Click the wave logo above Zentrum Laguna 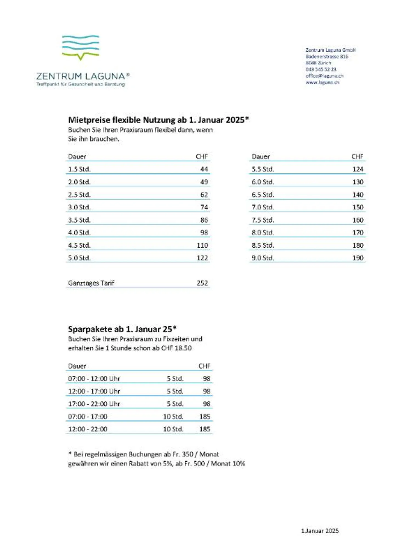click(x=80, y=47)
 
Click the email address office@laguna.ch click(x=324, y=76)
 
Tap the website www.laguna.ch click(x=322, y=82)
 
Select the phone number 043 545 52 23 click(x=321, y=69)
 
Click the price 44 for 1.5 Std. click(x=204, y=169)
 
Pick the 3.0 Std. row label click(x=79, y=207)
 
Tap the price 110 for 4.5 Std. click(x=202, y=245)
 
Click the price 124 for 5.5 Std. click(x=358, y=169)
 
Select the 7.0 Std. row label click(x=263, y=207)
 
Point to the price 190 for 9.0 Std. click(x=358, y=258)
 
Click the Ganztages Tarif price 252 click(x=202, y=283)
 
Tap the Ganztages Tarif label click(x=91, y=283)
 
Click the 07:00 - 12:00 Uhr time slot click(x=94, y=379)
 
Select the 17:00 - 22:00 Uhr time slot click(x=94, y=404)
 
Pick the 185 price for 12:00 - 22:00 click(x=205, y=429)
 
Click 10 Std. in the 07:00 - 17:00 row click(x=173, y=417)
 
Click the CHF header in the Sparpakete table click(x=204, y=366)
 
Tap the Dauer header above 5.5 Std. click(x=261, y=157)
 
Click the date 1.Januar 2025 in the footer click(x=320, y=531)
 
